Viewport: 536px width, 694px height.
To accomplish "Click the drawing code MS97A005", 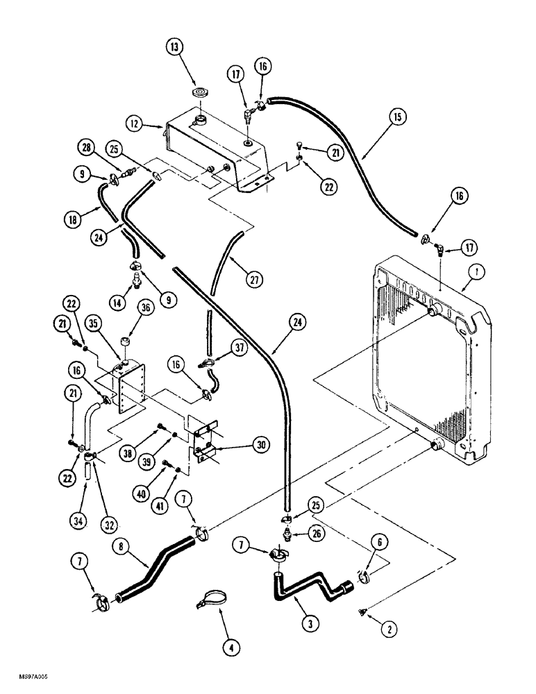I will [24, 684].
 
